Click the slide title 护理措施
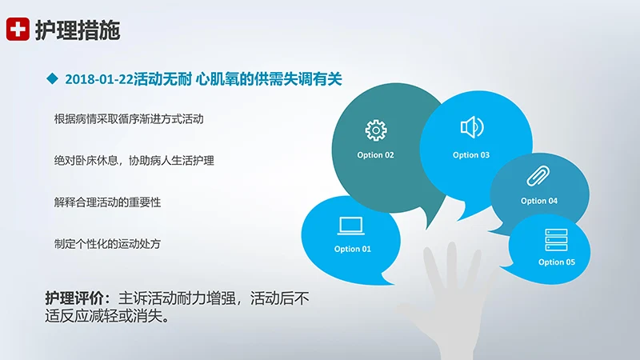pyautogui.click(x=78, y=30)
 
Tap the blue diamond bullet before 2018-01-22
pyautogui.click(x=53, y=78)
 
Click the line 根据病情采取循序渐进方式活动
pyautogui.click(x=129, y=118)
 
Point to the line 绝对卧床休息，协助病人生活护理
pyautogui.click(x=134, y=160)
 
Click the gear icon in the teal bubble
pyautogui.click(x=375, y=130)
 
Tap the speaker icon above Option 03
pyautogui.click(x=471, y=127)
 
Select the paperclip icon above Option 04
pyautogui.click(x=535, y=176)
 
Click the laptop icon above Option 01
pyautogui.click(x=351, y=226)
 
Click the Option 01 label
pyautogui.click(x=353, y=249)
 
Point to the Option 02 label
pyautogui.click(x=375, y=154)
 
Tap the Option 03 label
pyautogui.click(x=471, y=154)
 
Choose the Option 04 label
pyautogui.click(x=539, y=201)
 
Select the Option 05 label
pyautogui.click(x=557, y=262)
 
